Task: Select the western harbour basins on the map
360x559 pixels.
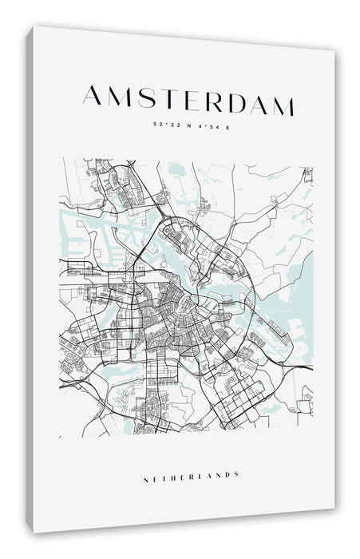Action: [88, 232]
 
